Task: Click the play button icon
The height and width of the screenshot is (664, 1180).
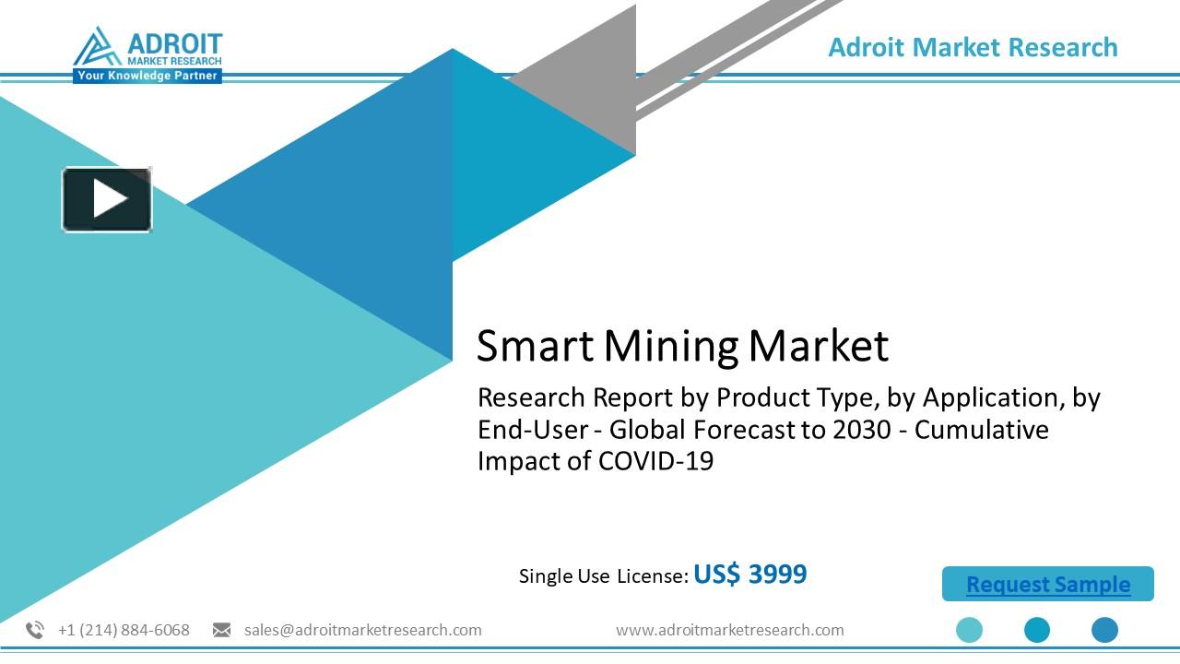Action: tap(107, 198)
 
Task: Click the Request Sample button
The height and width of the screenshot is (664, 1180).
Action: tap(1047, 585)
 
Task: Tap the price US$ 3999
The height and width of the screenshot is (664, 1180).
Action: tap(749, 575)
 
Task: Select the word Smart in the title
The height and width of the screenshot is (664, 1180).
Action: tap(535, 346)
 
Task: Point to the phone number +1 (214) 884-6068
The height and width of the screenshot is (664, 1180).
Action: tap(124, 630)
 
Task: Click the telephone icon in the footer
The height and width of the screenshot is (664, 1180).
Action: tap(35, 630)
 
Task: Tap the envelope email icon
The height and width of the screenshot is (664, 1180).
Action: tap(221, 630)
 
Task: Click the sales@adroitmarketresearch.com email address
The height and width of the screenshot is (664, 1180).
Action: tap(362, 630)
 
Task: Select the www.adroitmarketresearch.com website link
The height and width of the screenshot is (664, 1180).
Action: tap(729, 630)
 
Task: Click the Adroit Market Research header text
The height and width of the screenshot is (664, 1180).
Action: tap(973, 47)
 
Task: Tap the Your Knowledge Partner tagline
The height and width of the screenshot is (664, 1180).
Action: tap(147, 76)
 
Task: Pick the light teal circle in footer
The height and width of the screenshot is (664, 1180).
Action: tap(969, 630)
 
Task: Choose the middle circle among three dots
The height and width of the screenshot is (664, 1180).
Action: tap(1037, 630)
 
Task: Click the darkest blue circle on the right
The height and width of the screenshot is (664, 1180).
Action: tap(1104, 630)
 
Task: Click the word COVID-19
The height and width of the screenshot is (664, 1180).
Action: tap(655, 461)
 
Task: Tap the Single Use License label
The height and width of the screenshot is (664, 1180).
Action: tap(603, 576)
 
